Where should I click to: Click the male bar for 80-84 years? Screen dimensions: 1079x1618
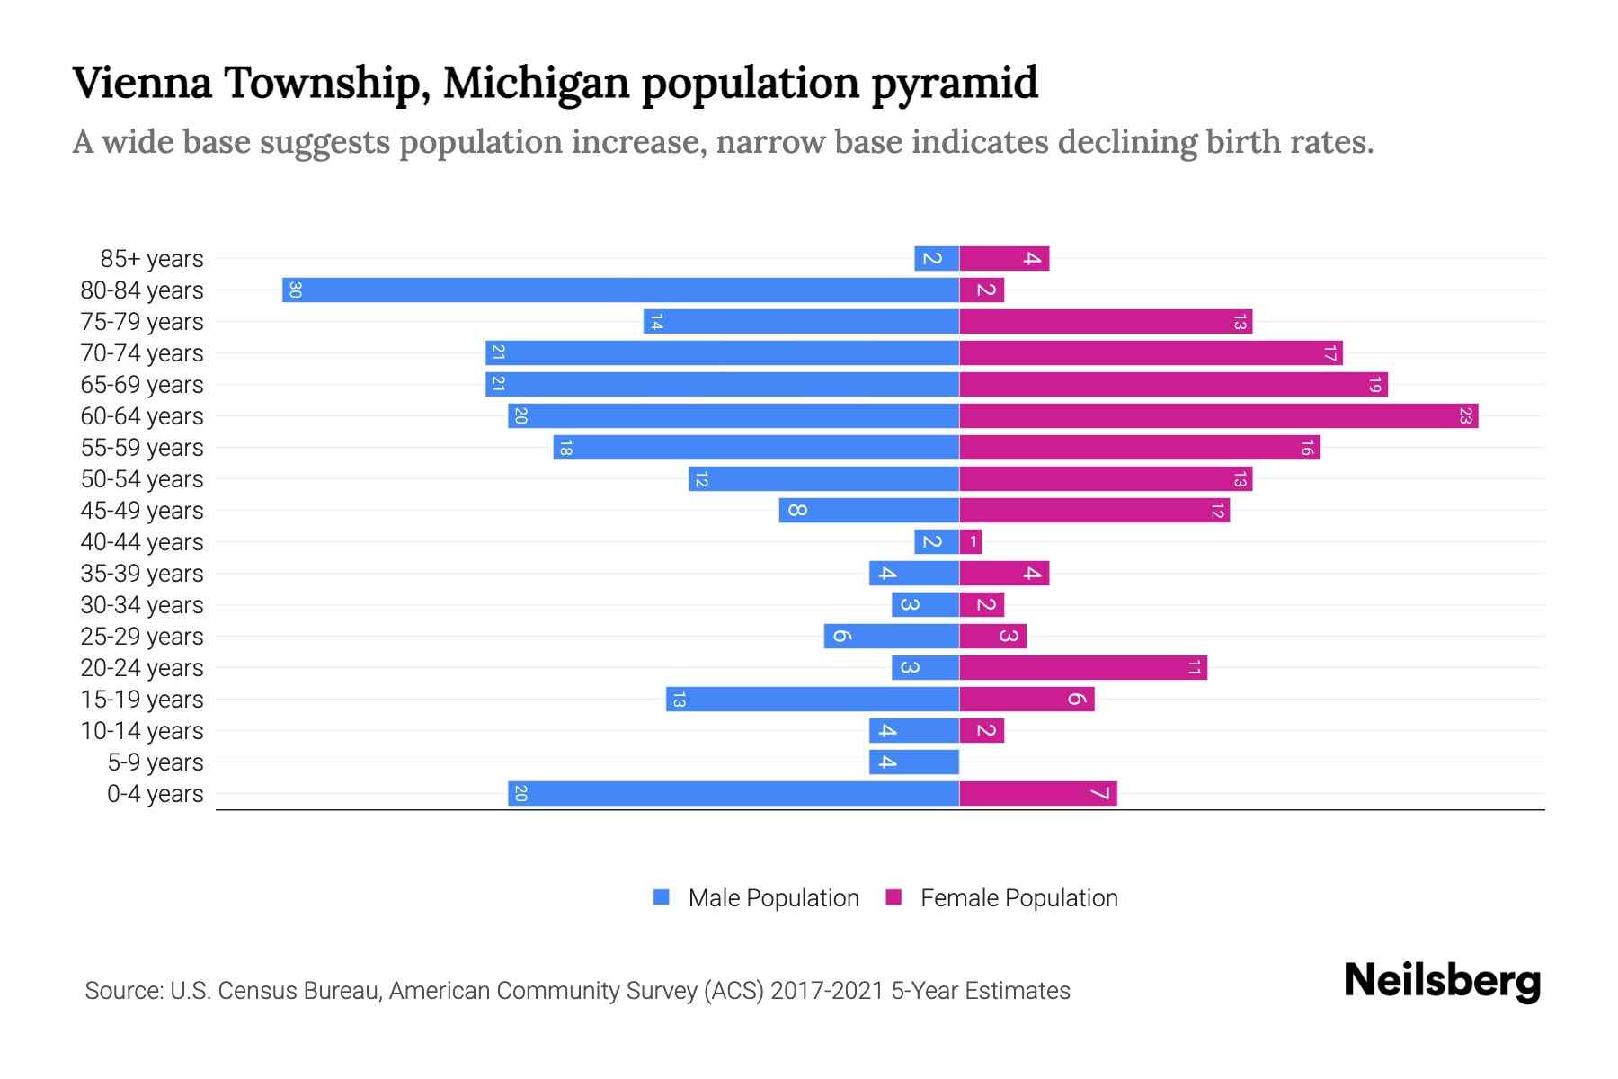pos(620,290)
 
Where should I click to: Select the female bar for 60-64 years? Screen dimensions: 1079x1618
pos(1218,416)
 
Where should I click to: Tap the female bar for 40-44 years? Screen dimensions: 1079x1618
pos(971,542)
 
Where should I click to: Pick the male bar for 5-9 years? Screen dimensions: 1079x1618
pos(914,762)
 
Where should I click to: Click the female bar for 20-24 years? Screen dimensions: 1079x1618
pos(1083,668)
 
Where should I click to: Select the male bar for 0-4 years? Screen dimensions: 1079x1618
pos(733,794)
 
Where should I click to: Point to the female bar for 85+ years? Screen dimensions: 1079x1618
pos(1004,259)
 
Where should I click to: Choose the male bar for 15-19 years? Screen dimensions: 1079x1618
pos(813,700)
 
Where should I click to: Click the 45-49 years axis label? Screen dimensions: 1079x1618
pos(142,511)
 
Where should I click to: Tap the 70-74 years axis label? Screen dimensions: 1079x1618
pos(142,353)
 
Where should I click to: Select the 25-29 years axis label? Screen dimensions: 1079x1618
pos(142,637)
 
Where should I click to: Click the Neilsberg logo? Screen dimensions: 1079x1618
pos(1442,981)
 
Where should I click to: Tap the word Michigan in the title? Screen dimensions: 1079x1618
pos(536,84)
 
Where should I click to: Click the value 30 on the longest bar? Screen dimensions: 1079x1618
pos(295,290)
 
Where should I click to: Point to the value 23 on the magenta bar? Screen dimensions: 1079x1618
pos(1465,416)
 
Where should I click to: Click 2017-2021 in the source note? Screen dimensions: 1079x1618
pos(827,991)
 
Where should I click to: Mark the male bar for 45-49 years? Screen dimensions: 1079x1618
pos(869,511)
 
